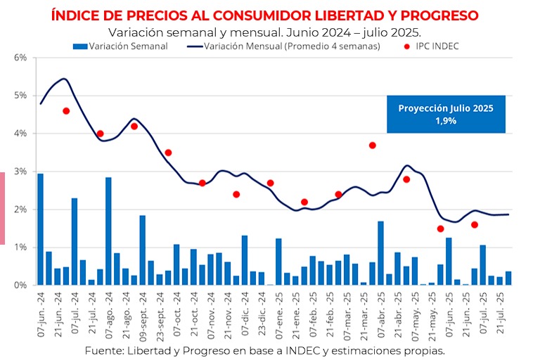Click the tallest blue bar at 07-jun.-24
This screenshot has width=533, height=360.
point(40,229)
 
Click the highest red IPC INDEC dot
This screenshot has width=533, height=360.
point(66,110)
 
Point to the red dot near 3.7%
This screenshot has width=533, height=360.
point(372,146)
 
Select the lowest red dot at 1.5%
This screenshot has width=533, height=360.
point(440,229)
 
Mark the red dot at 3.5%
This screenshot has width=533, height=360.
point(168,153)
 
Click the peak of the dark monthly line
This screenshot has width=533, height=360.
point(64,79)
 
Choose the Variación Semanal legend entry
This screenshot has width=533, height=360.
point(120,46)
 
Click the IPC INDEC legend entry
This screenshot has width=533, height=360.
point(434,46)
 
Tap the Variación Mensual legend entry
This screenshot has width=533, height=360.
point(281,46)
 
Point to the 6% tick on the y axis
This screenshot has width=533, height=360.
point(20,57)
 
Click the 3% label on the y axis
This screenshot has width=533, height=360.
point(20,172)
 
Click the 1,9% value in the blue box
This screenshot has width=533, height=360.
point(446,121)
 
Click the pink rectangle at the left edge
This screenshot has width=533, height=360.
point(2,208)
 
